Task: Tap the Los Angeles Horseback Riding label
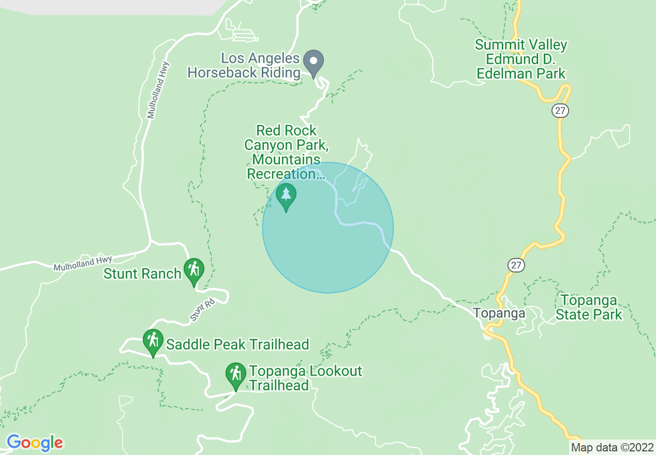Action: [x=244, y=65]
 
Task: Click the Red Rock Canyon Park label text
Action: [x=286, y=152]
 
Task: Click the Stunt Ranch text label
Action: [x=142, y=274]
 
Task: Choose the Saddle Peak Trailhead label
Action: [x=237, y=344]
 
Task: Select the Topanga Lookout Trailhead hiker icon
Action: [x=236, y=375]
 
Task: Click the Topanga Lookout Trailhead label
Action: [x=305, y=378]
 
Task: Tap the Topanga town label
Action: [x=499, y=313]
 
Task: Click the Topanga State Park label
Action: [x=589, y=307]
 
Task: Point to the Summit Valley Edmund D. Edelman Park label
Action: [x=521, y=59]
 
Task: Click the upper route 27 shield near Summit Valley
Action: [x=560, y=110]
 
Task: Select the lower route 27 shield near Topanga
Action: [x=516, y=265]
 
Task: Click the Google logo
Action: [x=34, y=443]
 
